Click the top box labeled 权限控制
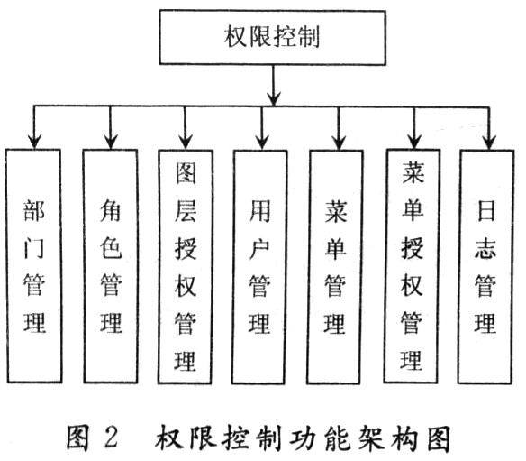coord(271,38)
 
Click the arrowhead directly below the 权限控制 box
coord(272,94)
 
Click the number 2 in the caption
coord(111,438)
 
